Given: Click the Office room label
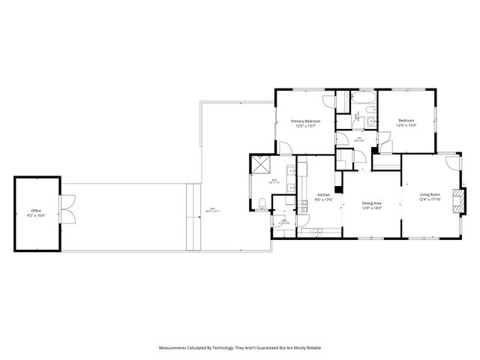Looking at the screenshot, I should point(36,211).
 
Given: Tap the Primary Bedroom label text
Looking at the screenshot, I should point(306,121).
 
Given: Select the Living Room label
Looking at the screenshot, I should point(430,194).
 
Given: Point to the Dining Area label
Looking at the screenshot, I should point(372,203).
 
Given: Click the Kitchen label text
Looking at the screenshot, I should point(323,194).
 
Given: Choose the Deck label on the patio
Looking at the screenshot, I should point(212,209).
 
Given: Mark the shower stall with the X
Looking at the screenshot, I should point(259,164).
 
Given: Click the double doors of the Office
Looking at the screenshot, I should point(67,209).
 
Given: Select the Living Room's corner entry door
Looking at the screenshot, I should point(450,164).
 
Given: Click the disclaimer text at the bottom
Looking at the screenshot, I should point(240,348).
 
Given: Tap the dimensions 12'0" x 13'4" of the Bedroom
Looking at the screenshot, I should point(406,125).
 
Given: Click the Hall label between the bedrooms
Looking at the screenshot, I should point(359,137).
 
